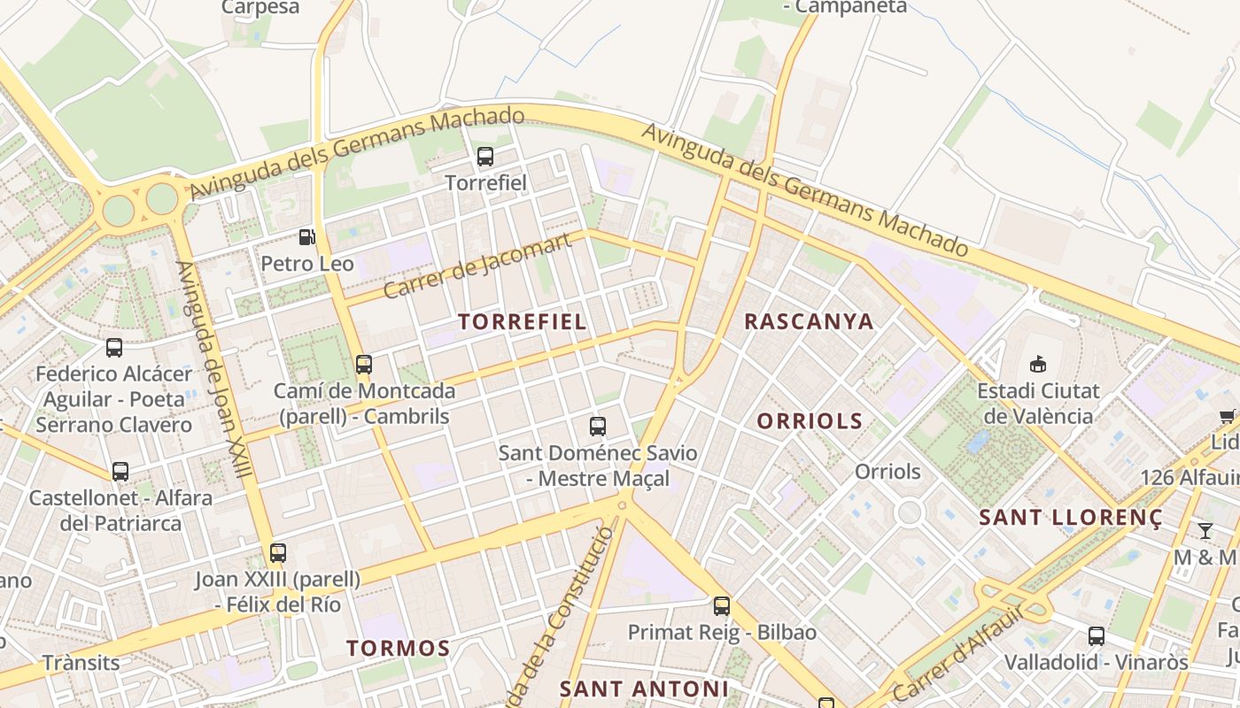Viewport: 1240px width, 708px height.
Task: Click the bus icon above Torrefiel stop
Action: coord(484,157)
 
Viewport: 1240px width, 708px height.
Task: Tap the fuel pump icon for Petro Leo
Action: coord(306,237)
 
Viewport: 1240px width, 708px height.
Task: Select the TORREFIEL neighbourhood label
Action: coord(522,321)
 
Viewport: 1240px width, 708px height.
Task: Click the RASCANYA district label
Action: coord(809,321)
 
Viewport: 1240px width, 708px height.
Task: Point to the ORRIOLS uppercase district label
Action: coord(810,421)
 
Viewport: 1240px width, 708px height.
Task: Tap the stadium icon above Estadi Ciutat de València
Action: coord(1037,364)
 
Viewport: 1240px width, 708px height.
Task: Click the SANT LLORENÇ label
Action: coord(1070,518)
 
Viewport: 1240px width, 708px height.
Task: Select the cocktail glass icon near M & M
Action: coord(1205,531)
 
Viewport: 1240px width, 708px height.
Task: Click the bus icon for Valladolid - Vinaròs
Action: coord(1096,635)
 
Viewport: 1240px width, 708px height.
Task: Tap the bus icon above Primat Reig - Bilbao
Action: coord(722,606)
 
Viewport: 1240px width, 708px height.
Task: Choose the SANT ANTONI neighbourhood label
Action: coord(644,689)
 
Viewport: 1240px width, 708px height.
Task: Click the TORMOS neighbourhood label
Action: coord(398,648)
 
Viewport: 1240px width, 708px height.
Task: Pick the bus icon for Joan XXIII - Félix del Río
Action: coord(278,553)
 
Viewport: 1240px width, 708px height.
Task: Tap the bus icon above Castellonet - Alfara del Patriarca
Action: coord(120,472)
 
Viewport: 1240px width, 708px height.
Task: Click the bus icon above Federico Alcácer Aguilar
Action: coord(113,348)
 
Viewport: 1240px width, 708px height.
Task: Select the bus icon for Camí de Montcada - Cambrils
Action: coord(363,364)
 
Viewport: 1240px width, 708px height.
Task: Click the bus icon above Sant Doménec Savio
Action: coord(598,427)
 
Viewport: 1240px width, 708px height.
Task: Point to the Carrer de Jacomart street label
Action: coord(477,266)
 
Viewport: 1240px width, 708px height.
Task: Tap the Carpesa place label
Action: coord(260,7)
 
